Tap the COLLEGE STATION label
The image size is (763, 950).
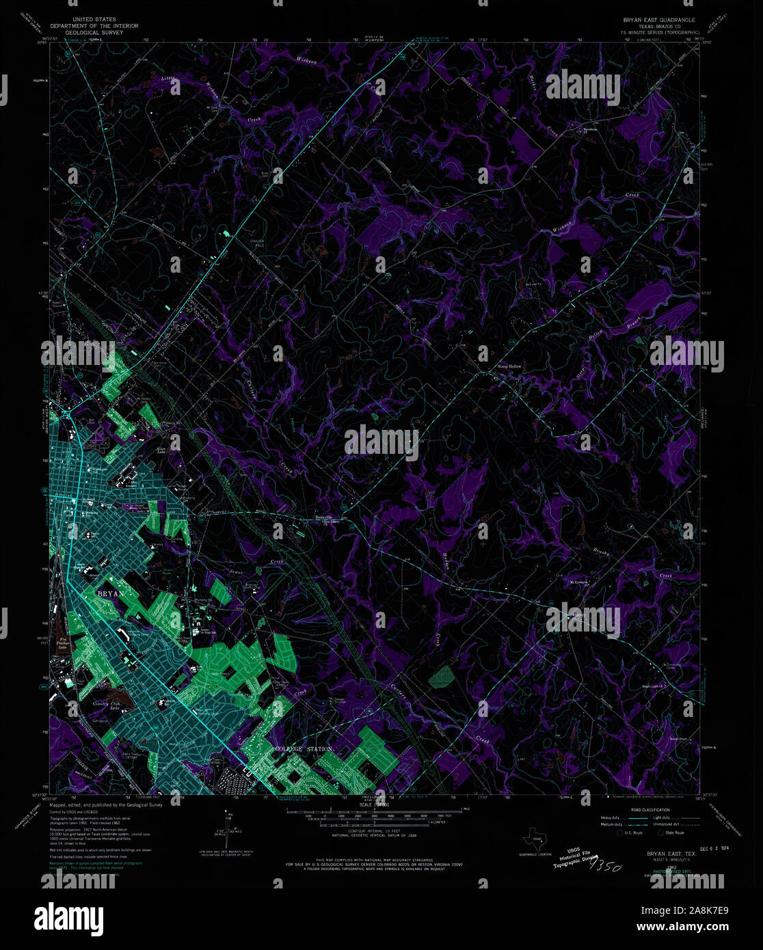tap(304, 749)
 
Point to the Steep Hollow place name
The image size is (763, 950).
tap(509, 366)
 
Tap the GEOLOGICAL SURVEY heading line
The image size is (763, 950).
tap(94, 32)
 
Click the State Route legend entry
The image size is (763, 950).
tap(670, 833)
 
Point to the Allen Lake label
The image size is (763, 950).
tap(162, 450)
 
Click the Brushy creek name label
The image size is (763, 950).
tap(600, 551)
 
